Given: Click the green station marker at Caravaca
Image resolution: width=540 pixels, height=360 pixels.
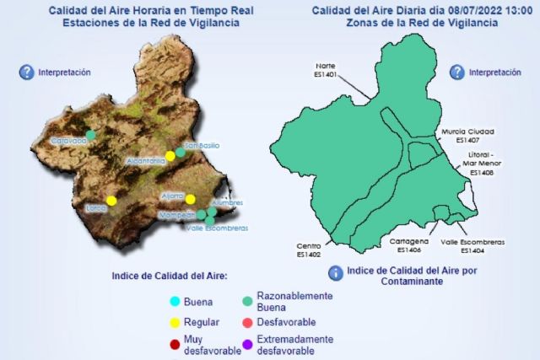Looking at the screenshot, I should point(91,135).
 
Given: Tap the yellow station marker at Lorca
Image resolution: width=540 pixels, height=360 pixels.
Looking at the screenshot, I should point(111,201).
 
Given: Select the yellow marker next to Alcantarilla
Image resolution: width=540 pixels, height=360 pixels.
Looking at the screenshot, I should point(170,155).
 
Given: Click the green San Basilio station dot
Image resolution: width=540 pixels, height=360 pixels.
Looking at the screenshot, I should point(180,152).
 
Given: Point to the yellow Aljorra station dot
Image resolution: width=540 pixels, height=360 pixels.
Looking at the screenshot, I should point(191,199).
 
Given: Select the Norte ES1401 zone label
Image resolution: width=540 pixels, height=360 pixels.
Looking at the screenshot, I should point(326,69).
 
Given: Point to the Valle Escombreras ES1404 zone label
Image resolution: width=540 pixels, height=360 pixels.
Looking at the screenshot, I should point(473,245).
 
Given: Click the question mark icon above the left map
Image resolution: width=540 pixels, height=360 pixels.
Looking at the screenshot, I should point(26,73).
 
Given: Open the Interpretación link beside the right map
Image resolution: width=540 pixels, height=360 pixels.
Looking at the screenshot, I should point(494,73).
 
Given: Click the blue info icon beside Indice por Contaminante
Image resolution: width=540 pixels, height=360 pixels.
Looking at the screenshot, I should point(335,272).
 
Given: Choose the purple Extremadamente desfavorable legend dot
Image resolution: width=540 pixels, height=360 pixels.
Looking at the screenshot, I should point(246,343).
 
